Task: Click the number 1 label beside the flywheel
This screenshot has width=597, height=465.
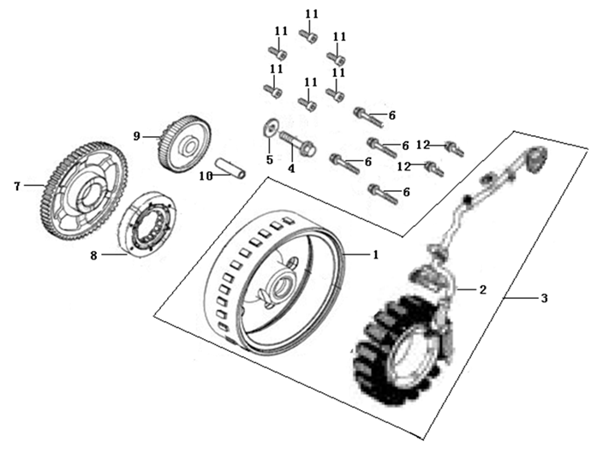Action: pos(373,254)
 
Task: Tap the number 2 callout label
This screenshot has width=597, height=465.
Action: pos(483,290)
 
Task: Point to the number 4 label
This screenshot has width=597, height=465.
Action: pos(291,169)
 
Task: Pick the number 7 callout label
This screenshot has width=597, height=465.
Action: pos(15,184)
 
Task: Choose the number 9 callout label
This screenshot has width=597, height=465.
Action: pos(135,134)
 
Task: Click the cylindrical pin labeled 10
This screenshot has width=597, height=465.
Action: pos(232,167)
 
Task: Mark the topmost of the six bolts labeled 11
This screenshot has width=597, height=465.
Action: pos(309,36)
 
